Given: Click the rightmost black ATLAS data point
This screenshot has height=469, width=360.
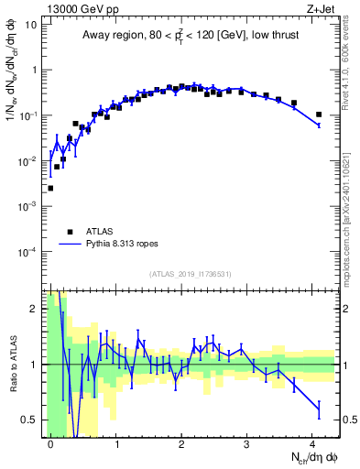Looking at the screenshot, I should click(319, 115).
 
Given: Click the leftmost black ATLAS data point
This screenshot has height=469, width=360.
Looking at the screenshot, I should click(50, 188).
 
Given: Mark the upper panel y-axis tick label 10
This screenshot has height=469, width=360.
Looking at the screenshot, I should click(31, 25).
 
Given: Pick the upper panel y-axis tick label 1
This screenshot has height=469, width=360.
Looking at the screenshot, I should click(34, 70).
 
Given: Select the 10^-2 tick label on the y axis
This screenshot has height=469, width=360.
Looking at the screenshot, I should click(27, 160).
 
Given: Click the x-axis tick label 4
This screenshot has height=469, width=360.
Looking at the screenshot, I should click(311, 442).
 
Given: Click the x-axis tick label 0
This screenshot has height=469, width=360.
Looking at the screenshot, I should click(51, 442).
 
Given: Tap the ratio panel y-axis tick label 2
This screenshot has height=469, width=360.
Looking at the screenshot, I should click(34, 309).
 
